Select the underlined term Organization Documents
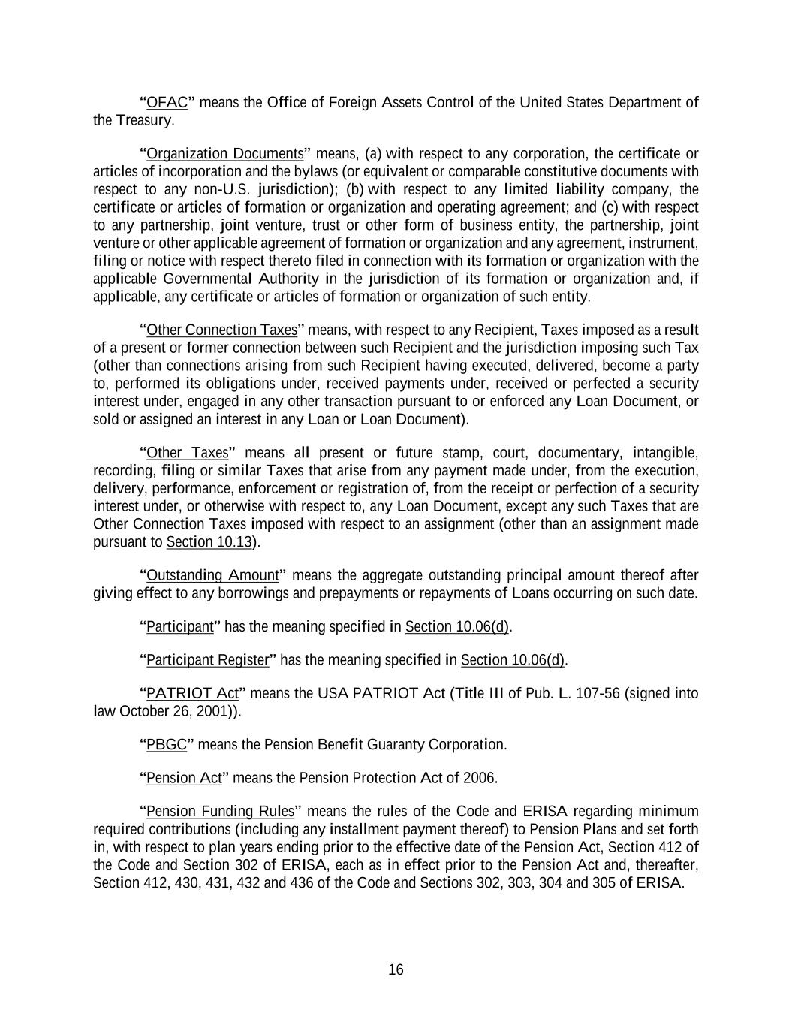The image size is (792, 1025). (224, 155)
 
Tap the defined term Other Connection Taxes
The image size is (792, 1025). (221, 330)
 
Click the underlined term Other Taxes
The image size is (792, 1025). (187, 453)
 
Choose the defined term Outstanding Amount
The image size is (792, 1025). (212, 576)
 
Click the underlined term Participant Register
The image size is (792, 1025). (207, 660)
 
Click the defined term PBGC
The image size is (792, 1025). (166, 745)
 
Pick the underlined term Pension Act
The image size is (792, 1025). (184, 778)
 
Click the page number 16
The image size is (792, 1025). (396, 970)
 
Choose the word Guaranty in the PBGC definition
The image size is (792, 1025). (394, 745)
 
